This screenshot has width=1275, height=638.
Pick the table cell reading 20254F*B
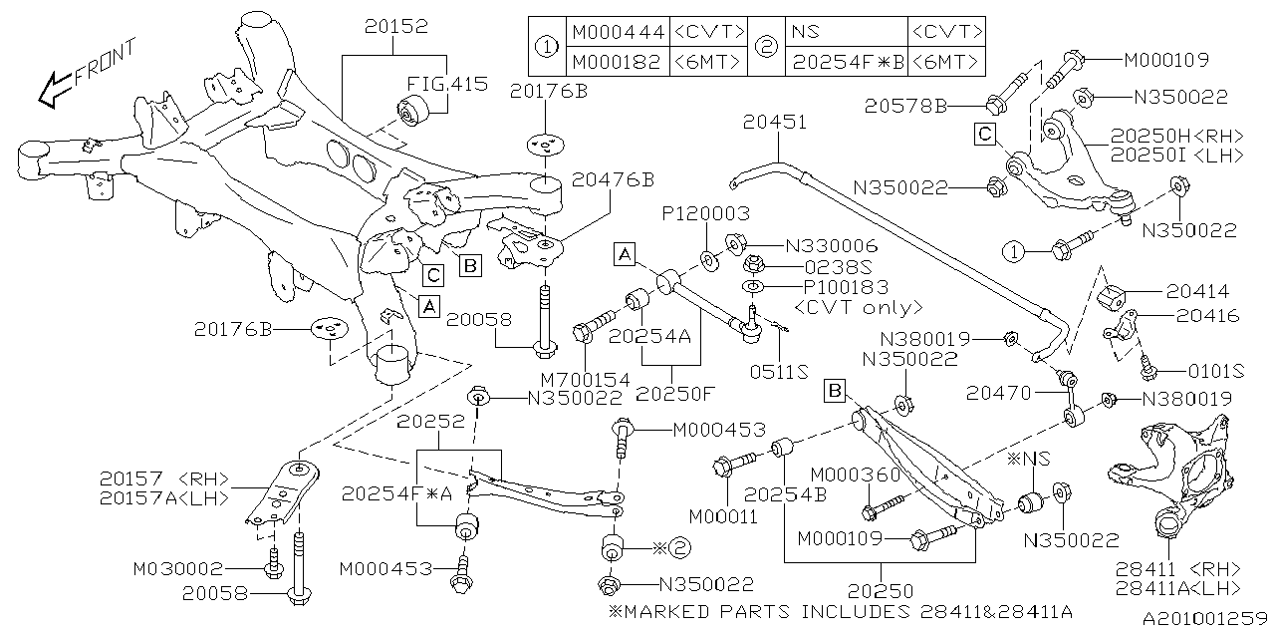point(848,61)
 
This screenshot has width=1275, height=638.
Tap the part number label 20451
point(775,122)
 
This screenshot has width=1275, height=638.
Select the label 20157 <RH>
point(164,478)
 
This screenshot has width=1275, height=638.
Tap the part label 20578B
point(930,105)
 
